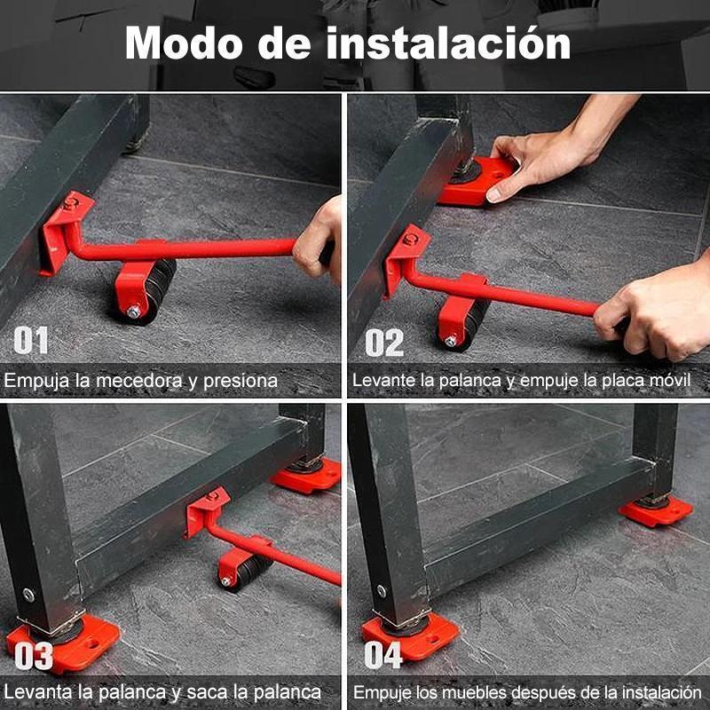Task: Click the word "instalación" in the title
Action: click(x=448, y=43)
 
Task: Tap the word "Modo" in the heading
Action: click(x=184, y=43)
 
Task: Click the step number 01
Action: click(x=31, y=340)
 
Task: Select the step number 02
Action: click(x=384, y=343)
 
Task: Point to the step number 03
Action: click(x=34, y=655)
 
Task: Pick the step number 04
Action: click(x=383, y=654)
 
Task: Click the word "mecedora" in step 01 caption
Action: click(x=138, y=381)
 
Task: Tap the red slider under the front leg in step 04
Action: click(x=410, y=634)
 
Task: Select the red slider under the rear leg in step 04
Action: click(x=655, y=510)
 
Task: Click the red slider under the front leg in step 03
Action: click(x=62, y=642)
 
